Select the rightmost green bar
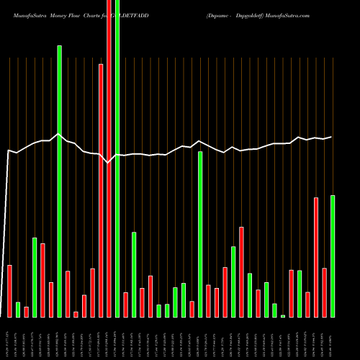[x=333, y=256]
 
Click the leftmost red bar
[x=10, y=291]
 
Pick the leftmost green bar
[x=18, y=310]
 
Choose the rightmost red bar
[x=324, y=292]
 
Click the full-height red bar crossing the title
[x=109, y=158]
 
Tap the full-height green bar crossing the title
[x=117, y=158]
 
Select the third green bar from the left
[x=60, y=180]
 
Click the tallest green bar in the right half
[x=200, y=234]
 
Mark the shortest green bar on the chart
[x=283, y=315]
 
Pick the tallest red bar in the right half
[x=316, y=257]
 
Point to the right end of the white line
[x=332, y=137]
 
